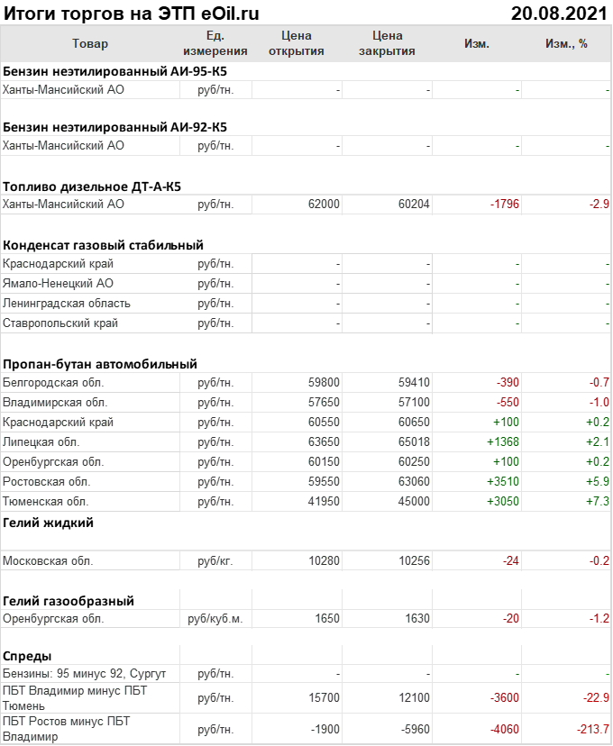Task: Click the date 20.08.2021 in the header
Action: pos(559,13)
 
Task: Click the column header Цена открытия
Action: pos(296,43)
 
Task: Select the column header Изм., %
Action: pos(566,43)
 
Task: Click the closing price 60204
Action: pos(414,205)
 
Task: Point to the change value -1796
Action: pos(505,205)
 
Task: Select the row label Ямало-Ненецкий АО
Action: pos(59,284)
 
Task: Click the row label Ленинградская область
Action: pos(67,304)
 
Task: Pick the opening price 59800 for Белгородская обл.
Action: pos(324,383)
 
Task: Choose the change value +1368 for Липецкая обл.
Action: pos(503,442)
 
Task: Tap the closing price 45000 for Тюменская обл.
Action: pos(414,502)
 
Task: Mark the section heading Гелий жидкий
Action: pos(48,523)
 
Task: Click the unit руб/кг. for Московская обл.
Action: pos(215,561)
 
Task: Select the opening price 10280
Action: pos(324,561)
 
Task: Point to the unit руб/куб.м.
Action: pos(215,619)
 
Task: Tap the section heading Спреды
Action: pos(27,656)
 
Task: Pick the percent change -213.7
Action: pos(593,729)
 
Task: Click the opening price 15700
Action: pos(324,698)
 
